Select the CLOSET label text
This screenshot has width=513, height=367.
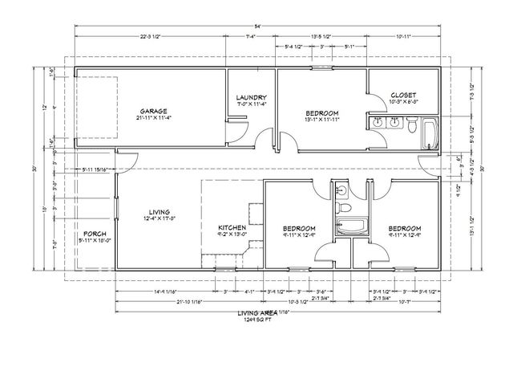(403, 95)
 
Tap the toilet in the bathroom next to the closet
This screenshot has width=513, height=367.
(410, 125)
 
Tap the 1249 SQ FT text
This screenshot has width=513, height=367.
(256, 320)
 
